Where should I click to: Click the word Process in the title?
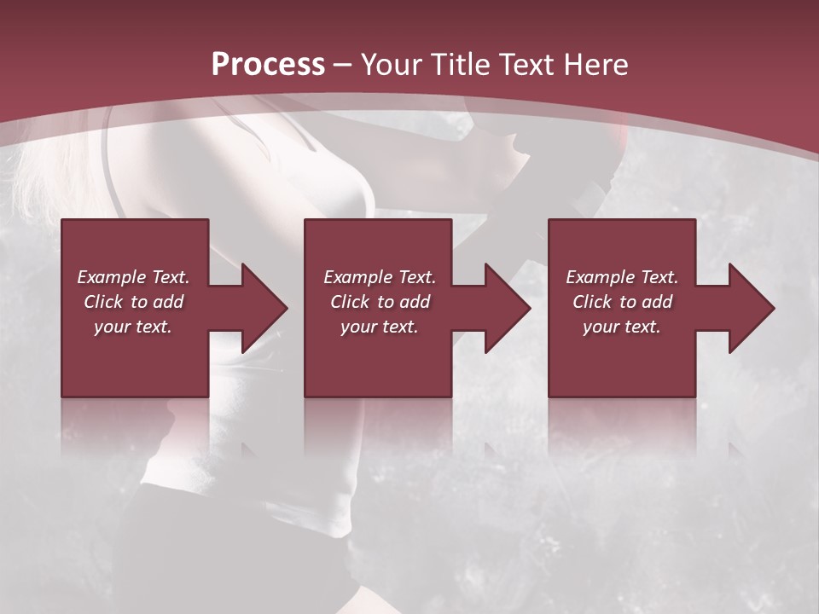(268, 65)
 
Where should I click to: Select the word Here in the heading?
(595, 65)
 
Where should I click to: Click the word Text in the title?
(523, 65)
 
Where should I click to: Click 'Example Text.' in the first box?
(133, 277)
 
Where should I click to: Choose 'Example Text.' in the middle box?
(380, 277)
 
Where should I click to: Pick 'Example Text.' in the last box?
(622, 277)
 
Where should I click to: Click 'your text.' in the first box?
(133, 327)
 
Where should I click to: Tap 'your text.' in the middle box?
(380, 327)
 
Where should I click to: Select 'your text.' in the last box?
(622, 327)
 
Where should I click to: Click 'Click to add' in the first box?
(133, 302)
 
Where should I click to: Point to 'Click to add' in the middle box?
(380, 302)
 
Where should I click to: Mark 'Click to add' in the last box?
(622, 302)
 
